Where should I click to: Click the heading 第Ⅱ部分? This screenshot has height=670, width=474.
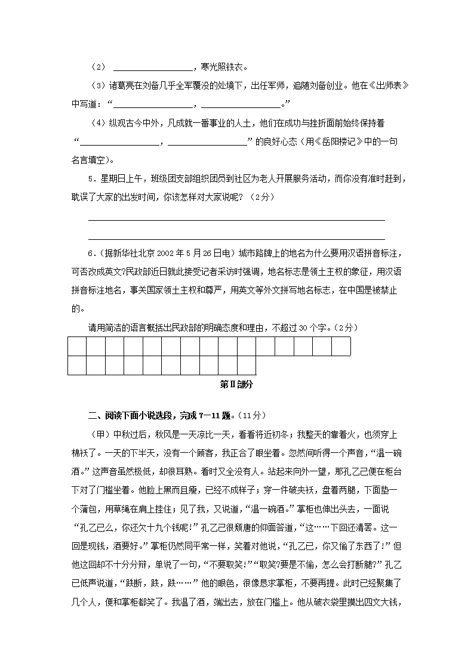tap(237, 385)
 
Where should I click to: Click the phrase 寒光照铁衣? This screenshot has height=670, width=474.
tap(219, 67)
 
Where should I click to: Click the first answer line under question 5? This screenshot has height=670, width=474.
tap(236, 219)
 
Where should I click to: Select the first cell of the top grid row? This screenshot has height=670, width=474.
tap(77, 346)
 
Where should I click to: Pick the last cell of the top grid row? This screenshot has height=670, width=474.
tap(341, 346)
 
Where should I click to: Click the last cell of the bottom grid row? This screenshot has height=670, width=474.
tap(247, 365)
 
